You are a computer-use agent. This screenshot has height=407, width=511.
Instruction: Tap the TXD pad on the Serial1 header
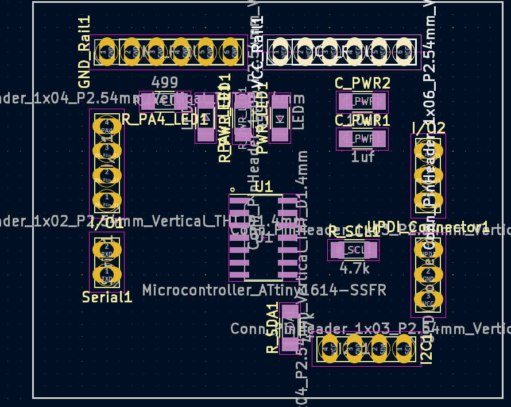click(106, 274)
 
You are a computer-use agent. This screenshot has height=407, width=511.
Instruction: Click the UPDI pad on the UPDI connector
click(428, 251)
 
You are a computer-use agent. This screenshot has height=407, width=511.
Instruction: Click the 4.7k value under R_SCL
click(354, 268)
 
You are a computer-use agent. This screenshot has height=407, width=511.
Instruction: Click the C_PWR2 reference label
click(362, 83)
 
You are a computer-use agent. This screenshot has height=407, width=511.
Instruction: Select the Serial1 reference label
click(107, 297)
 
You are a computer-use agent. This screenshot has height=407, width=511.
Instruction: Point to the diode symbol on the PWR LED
click(280, 119)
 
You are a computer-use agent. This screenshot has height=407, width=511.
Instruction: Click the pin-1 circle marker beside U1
click(233, 189)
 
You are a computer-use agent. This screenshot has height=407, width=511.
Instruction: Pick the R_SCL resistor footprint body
click(353, 250)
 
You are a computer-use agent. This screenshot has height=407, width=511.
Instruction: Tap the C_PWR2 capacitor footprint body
click(362, 102)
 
